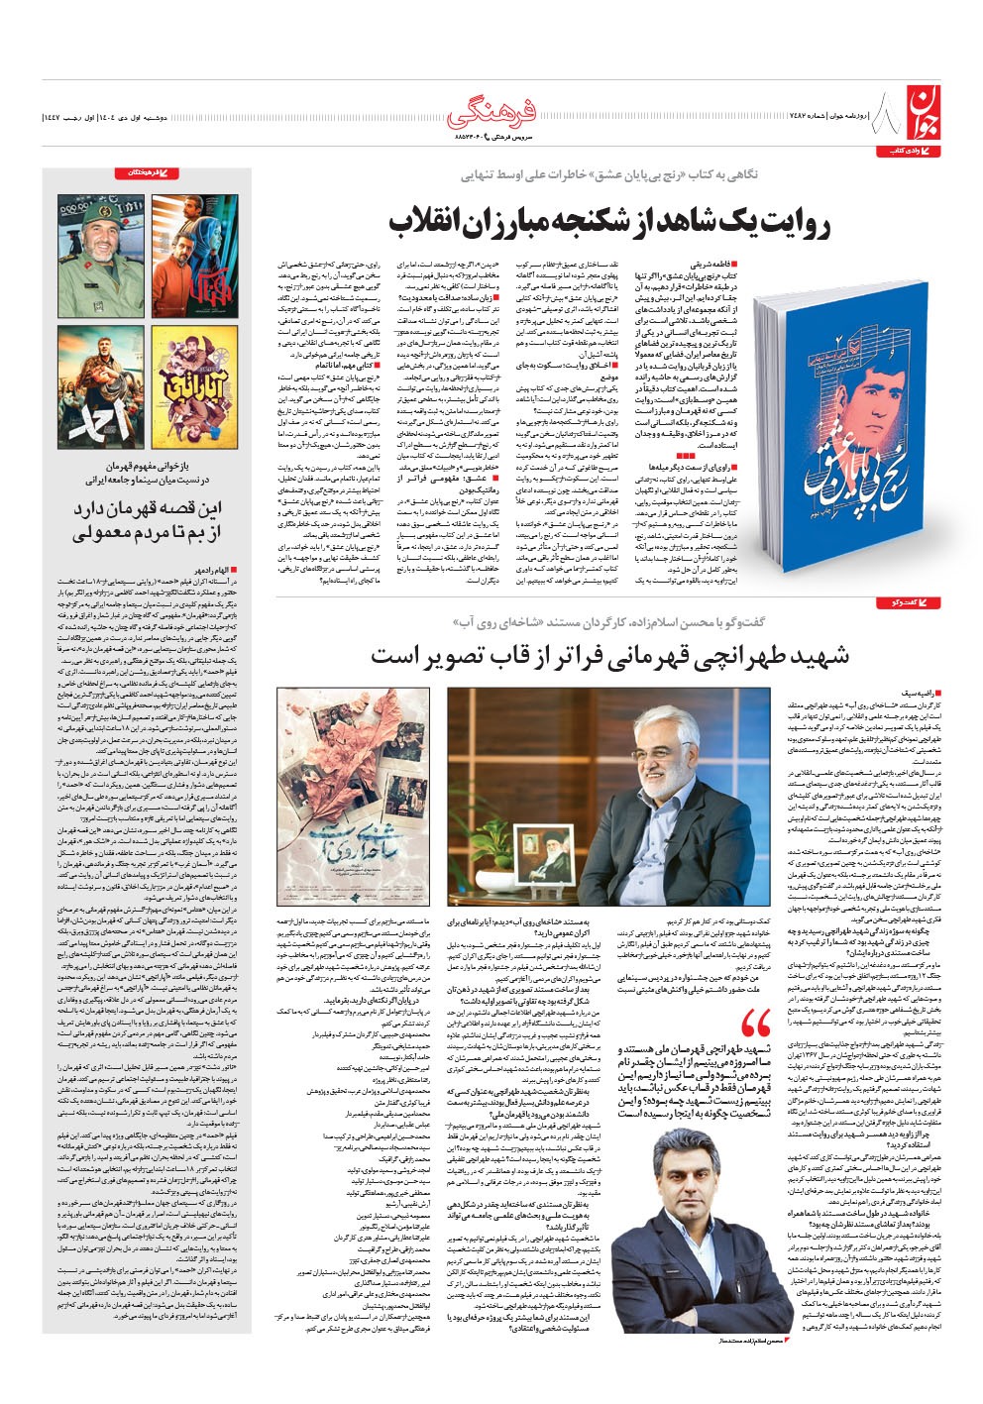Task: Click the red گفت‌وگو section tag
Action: point(910,602)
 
